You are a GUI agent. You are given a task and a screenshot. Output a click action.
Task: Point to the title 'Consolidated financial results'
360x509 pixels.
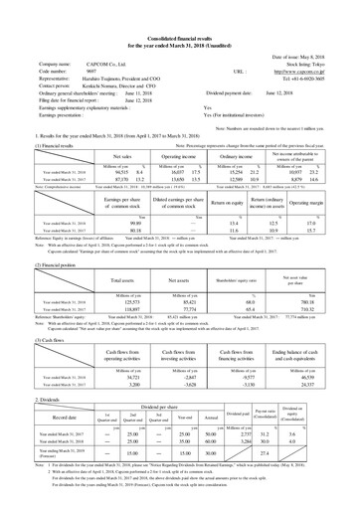click(179, 12)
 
